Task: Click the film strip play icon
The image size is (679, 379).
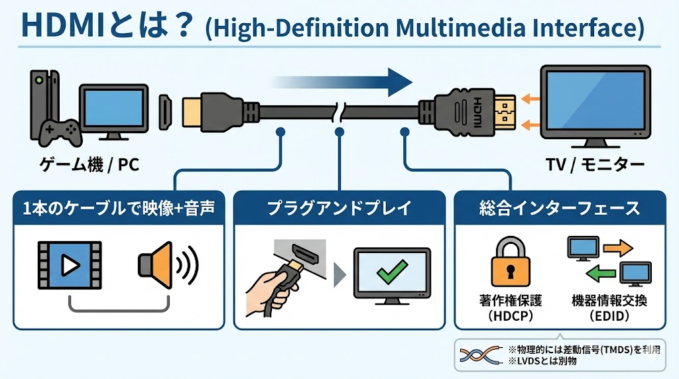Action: click(69, 266)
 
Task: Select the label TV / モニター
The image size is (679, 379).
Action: click(591, 165)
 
